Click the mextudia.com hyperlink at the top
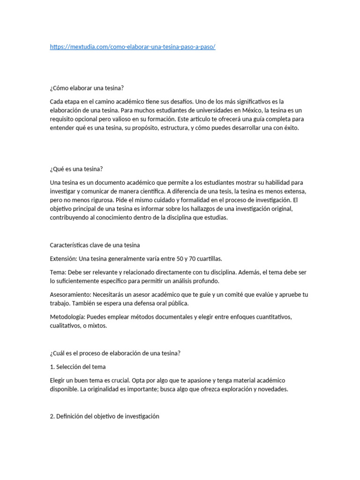click(x=133, y=47)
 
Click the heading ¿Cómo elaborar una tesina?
click(x=87, y=88)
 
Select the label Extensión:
click(x=63, y=259)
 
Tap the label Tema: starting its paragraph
click(x=58, y=272)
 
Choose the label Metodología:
click(x=67, y=317)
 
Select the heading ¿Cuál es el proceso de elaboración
click(x=115, y=353)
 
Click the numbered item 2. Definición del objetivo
click(x=105, y=416)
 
